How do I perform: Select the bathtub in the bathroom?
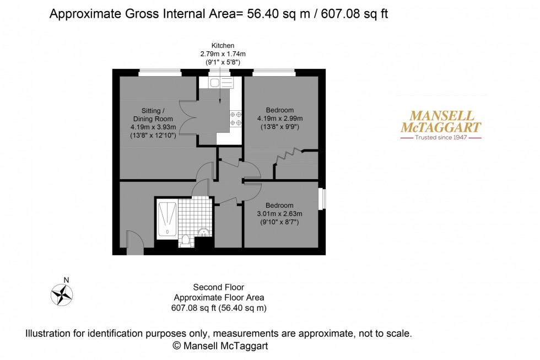click(x=167, y=219)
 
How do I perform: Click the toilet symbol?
click(x=185, y=240)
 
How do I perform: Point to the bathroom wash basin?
click(x=203, y=232)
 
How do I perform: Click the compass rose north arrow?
click(x=62, y=293)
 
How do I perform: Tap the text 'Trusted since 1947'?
click(x=440, y=137)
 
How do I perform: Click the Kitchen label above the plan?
click(x=223, y=45)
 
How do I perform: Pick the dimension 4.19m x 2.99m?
click(x=279, y=118)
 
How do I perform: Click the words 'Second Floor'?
click(x=218, y=287)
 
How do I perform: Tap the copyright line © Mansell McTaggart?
click(x=220, y=346)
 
